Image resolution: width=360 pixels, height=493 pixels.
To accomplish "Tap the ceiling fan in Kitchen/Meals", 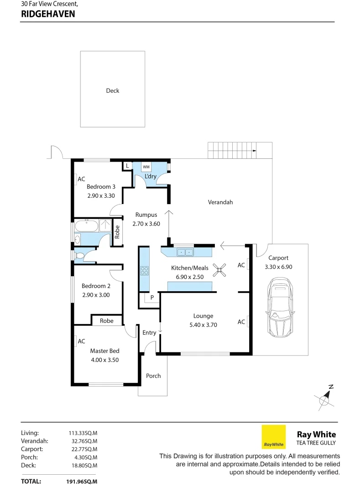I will point(221,271).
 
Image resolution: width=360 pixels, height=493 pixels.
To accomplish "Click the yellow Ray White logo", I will point(273,437).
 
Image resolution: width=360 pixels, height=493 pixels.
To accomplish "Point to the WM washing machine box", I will point(146,167).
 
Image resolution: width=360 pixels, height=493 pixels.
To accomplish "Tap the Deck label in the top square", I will point(112,91).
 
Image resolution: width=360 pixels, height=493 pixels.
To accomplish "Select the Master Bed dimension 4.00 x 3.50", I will point(104,360).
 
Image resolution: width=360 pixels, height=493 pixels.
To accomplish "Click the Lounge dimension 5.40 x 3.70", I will point(203,325).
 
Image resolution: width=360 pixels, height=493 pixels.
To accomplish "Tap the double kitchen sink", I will point(186,252).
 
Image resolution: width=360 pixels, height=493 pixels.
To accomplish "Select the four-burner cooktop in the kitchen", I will point(145,270).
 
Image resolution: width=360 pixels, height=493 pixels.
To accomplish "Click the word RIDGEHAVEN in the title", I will point(48,14).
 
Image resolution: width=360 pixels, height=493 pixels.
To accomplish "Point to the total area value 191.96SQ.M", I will point(83,481).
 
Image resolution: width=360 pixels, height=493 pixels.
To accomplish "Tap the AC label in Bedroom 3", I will point(81,179).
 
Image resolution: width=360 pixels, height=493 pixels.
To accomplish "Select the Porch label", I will point(153,376).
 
